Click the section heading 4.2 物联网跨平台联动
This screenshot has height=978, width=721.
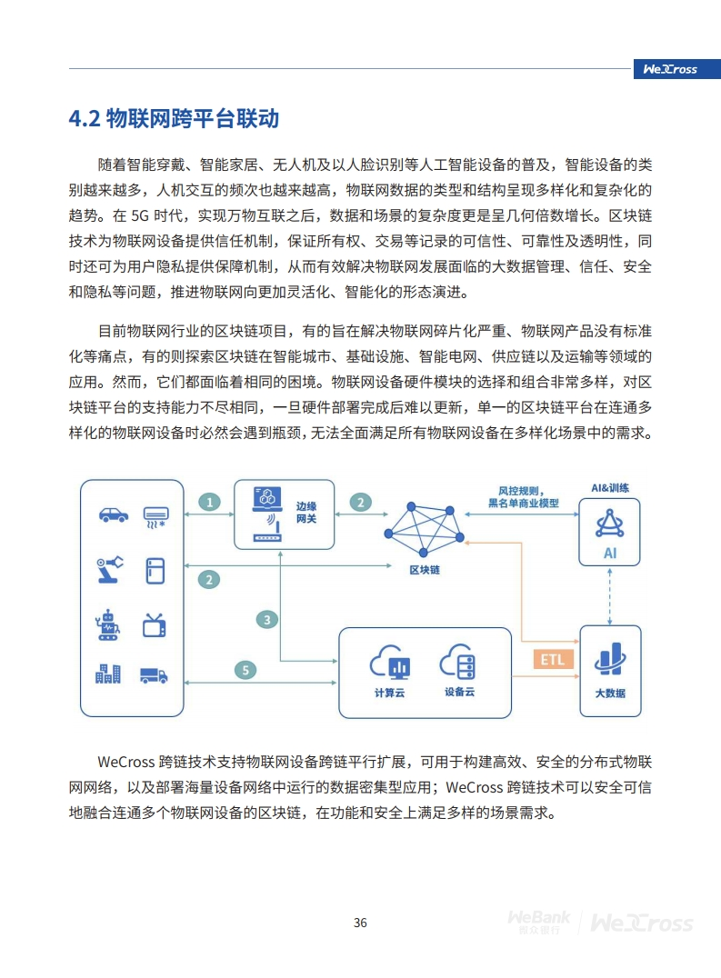[x=174, y=118]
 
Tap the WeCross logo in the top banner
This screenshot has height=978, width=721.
[x=670, y=69]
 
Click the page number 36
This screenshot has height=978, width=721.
[x=360, y=923]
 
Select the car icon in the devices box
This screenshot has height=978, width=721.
[x=114, y=514]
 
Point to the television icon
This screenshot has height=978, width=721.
[x=155, y=625]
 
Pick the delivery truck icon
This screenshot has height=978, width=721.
[x=154, y=675]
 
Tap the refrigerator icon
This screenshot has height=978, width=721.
[x=155, y=571]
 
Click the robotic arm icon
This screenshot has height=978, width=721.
[x=110, y=570]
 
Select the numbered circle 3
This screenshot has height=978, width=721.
[x=267, y=619]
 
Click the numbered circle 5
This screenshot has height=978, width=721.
[x=245, y=670]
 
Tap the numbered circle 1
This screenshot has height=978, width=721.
[x=209, y=502]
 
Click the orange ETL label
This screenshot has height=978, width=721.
[x=553, y=659]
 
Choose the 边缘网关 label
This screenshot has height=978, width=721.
[x=306, y=512]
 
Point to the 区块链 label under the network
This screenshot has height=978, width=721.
[x=425, y=570]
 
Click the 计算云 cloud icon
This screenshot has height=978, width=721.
[x=390, y=662]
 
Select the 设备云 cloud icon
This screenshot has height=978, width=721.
[x=458, y=662]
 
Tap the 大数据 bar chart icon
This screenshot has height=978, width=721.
[x=610, y=659]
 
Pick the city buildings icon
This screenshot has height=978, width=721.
[x=108, y=674]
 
